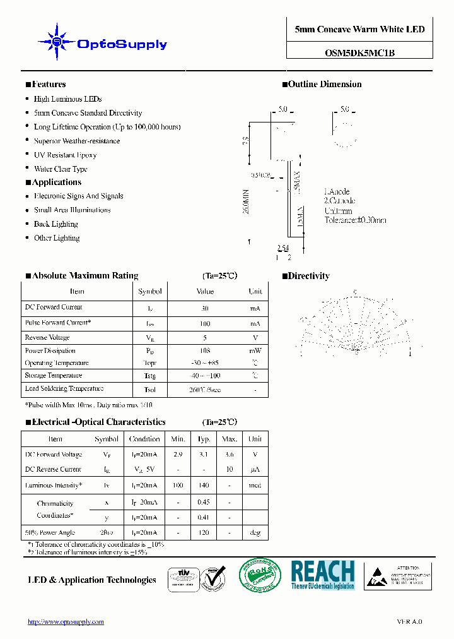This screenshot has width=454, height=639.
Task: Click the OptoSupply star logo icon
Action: [x=57, y=42]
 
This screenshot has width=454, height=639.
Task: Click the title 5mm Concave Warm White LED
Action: [x=359, y=30]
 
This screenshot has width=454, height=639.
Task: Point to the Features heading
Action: [x=49, y=85]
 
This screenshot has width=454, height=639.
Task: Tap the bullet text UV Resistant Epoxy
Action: [x=65, y=155]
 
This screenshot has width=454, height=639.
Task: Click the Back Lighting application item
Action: [x=55, y=224]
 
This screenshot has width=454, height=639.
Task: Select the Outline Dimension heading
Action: [x=325, y=85]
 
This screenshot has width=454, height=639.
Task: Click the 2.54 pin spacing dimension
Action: [x=283, y=248]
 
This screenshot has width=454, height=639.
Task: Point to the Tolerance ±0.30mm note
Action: [x=355, y=220]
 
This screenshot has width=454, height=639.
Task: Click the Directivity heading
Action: [x=308, y=276]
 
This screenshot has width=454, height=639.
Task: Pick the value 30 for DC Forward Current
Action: [x=204, y=309]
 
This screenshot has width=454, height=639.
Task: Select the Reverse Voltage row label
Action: [x=47, y=338]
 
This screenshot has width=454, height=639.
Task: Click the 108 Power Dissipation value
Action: [x=204, y=350]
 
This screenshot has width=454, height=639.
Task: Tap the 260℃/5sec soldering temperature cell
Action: [x=204, y=390]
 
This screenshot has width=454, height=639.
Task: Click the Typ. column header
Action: [x=204, y=439]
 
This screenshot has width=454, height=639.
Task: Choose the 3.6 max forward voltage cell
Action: [x=230, y=455]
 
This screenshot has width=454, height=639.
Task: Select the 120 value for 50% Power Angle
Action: [x=204, y=533]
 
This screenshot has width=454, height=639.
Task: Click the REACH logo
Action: [x=323, y=575]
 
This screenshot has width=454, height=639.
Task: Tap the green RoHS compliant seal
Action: [x=259, y=575]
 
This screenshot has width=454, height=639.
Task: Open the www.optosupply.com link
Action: [x=66, y=622]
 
